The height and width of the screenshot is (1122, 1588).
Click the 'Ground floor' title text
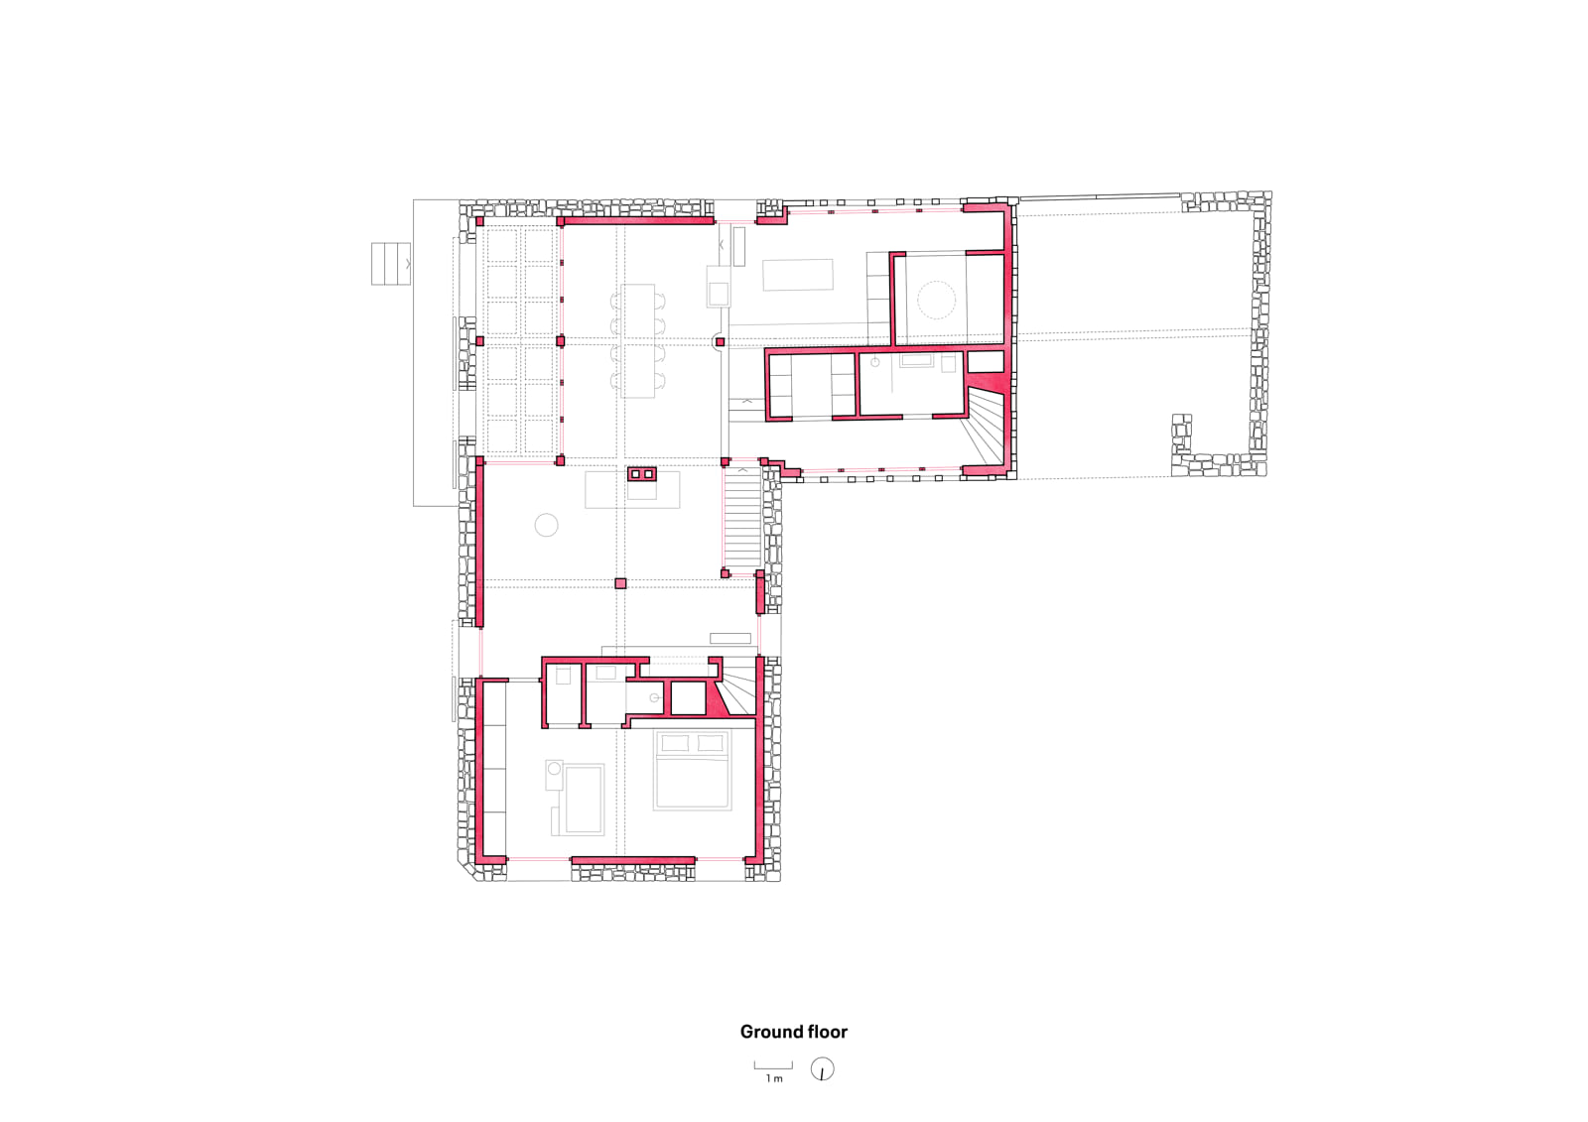tap(793, 1032)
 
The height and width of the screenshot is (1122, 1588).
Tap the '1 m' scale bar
tap(773, 1067)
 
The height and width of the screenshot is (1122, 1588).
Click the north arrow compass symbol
tap(822, 1069)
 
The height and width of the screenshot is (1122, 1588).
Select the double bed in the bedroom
tap(692, 771)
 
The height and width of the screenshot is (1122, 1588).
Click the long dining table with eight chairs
tap(639, 340)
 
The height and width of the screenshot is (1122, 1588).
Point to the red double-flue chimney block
tap(642, 474)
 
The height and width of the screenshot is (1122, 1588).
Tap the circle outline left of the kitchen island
tap(546, 525)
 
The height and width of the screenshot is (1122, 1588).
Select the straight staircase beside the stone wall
tap(741, 519)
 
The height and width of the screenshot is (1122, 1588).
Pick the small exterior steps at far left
tap(390, 263)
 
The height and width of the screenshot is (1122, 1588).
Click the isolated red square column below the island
tap(620, 583)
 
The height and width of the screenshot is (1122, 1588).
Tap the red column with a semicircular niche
tap(719, 342)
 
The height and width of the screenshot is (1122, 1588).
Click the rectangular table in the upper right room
tap(798, 275)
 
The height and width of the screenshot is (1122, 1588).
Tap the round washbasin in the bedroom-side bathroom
tap(654, 698)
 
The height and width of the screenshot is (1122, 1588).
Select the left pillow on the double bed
tap(675, 742)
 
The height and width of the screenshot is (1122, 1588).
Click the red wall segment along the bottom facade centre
tap(632, 860)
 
